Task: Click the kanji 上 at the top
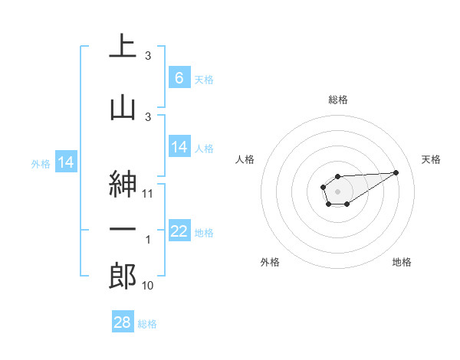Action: [x=123, y=47]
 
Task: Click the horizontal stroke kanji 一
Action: [x=123, y=229]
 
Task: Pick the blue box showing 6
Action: [x=179, y=78]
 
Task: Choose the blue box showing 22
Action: [x=179, y=231]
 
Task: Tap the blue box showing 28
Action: [x=123, y=322]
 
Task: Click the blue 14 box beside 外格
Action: [x=65, y=162]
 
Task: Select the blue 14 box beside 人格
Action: [x=179, y=147]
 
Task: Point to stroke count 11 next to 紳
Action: [x=148, y=194]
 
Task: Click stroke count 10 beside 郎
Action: [x=148, y=286]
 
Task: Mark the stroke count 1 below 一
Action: [x=148, y=240]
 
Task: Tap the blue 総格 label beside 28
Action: [x=148, y=324]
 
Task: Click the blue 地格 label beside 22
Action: [x=204, y=232]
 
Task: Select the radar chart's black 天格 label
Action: [x=432, y=159]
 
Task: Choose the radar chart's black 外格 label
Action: [x=270, y=262]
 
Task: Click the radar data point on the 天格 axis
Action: [x=396, y=172]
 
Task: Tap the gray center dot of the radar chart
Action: [x=337, y=190]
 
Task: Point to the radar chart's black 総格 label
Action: [x=338, y=100]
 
